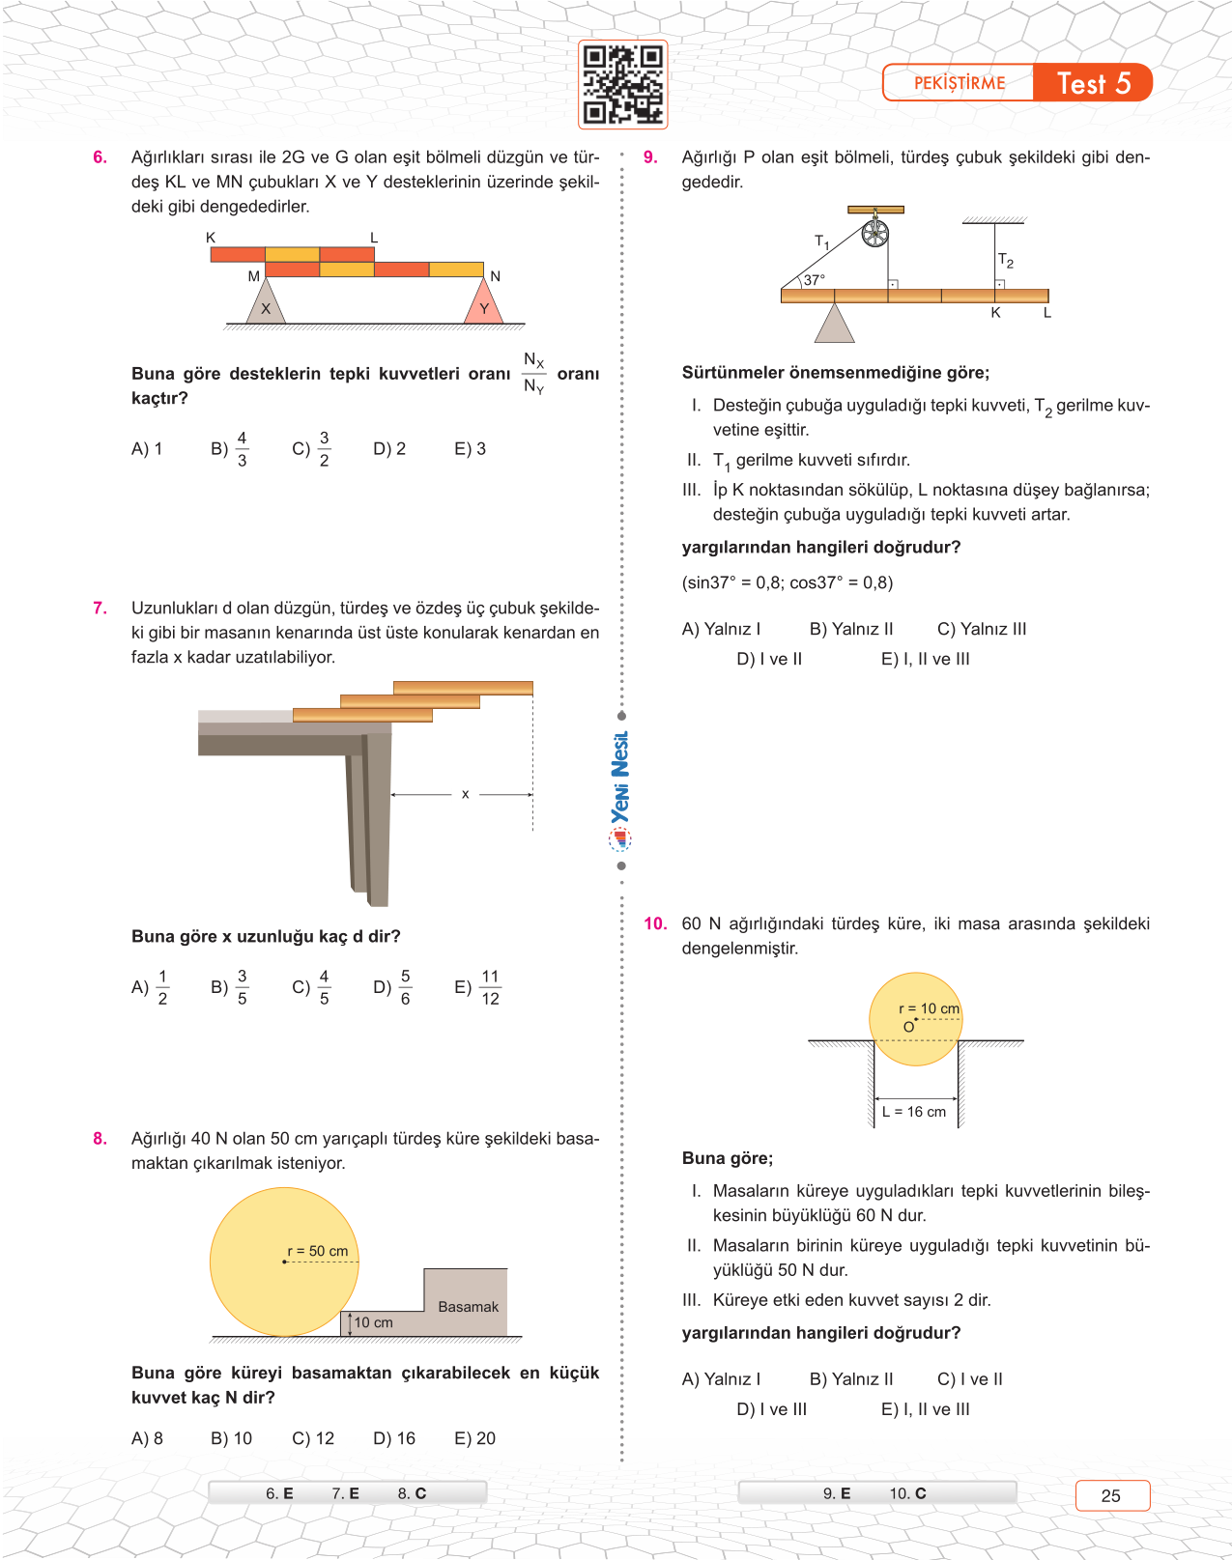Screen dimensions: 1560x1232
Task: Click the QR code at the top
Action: [622, 84]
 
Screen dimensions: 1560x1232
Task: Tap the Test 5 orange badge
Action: [1093, 83]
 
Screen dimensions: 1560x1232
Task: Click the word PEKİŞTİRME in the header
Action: [960, 83]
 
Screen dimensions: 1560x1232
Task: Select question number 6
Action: [100, 157]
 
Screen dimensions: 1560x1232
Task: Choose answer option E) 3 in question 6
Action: [471, 449]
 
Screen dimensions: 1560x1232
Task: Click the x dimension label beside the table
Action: [465, 794]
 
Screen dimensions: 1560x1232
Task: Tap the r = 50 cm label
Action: [318, 1251]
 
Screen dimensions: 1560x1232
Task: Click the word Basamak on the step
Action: [468, 1307]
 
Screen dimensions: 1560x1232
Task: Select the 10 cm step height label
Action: [373, 1322]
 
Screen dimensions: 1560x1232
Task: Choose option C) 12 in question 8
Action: [313, 1438]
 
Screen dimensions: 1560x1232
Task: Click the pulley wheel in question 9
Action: [874, 233]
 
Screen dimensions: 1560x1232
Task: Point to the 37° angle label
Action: [814, 280]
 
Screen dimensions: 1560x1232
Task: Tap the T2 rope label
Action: [1006, 261]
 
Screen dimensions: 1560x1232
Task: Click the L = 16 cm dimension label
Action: [914, 1112]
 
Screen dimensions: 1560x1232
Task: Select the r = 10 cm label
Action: [929, 1008]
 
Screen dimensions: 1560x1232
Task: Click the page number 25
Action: [1111, 1495]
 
